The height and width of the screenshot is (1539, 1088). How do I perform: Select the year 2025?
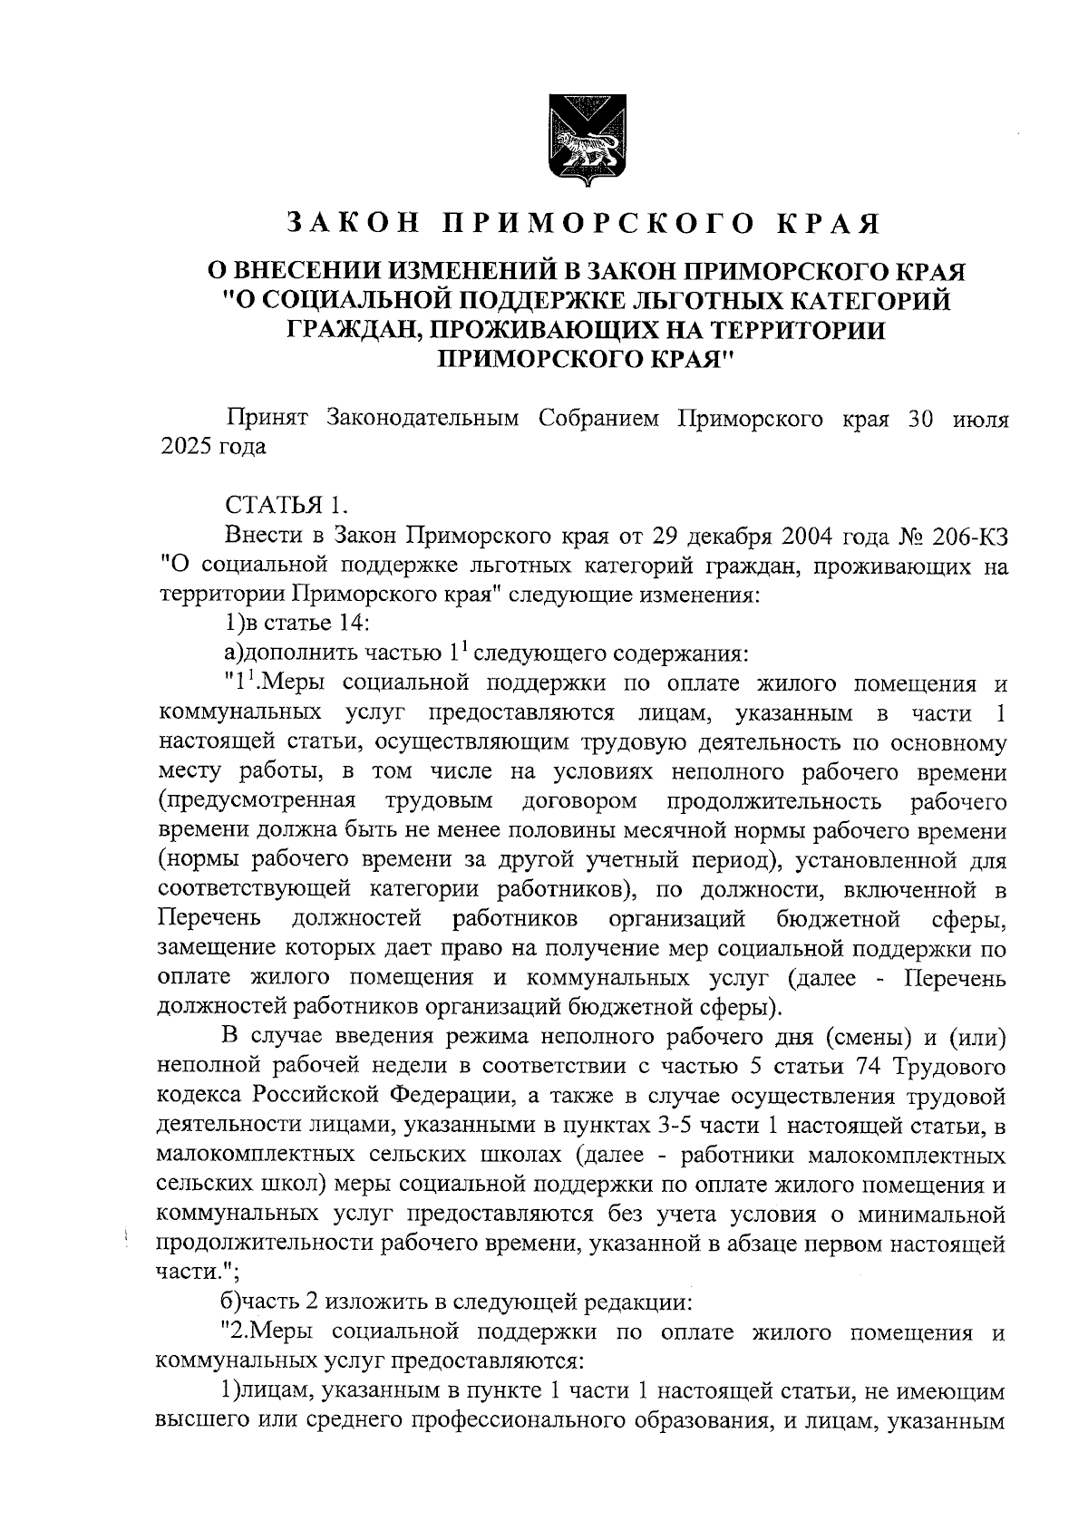pos(186,448)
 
